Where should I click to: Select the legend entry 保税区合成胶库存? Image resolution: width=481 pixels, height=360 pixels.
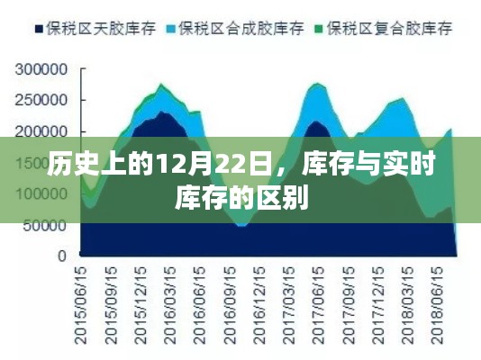point(243,29)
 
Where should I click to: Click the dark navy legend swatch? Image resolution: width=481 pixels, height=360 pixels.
point(39,29)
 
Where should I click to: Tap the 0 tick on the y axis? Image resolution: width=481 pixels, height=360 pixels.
point(63,256)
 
